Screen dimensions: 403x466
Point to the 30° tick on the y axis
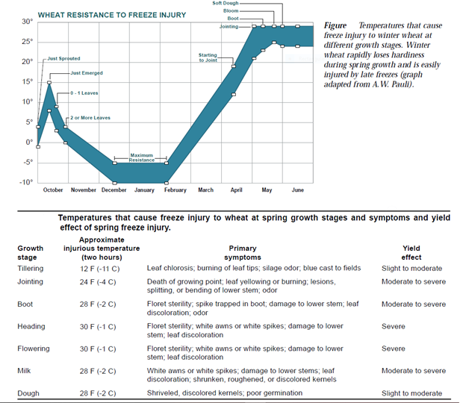point(27,22)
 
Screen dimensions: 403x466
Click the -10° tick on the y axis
point(25,182)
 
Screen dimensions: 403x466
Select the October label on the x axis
point(53,190)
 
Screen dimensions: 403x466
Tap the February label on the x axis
point(175,190)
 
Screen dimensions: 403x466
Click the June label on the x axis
point(297,190)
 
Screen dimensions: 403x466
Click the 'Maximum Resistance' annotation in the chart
point(141,157)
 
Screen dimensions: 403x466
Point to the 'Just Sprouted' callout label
point(63,58)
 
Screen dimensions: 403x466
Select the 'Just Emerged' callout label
point(87,73)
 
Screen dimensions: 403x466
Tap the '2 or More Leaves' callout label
point(90,119)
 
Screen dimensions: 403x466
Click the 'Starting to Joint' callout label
point(208,57)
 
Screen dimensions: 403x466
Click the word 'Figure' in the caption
point(335,25)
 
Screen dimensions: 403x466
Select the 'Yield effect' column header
point(413,253)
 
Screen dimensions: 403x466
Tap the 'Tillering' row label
point(31,268)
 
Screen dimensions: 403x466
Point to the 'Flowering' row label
point(33,349)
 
